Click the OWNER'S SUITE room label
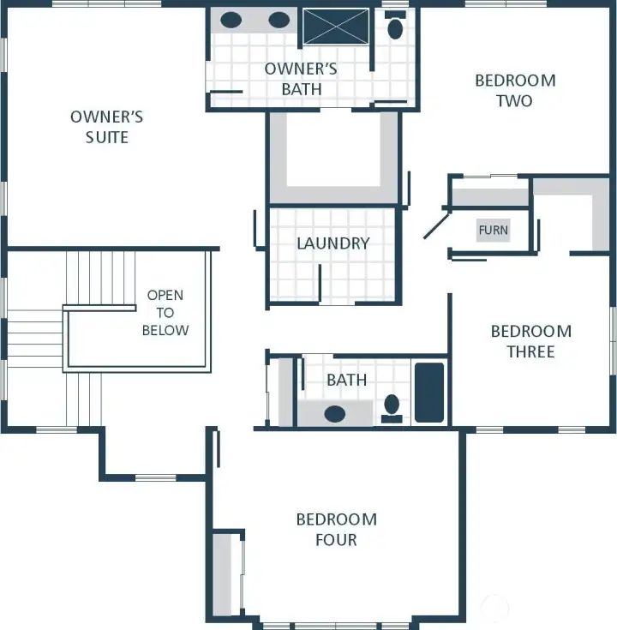pyautogui.click(x=106, y=126)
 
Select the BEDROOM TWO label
pyautogui.click(x=515, y=90)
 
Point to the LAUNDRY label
pyautogui.click(x=332, y=243)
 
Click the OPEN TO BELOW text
pyautogui.click(x=165, y=312)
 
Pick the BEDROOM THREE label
pyautogui.click(x=530, y=341)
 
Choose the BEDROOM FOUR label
pyautogui.click(x=336, y=530)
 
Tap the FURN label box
pyautogui.click(x=493, y=230)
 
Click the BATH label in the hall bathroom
pyautogui.click(x=346, y=380)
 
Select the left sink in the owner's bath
pyautogui.click(x=231, y=21)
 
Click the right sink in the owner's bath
pyautogui.click(x=279, y=21)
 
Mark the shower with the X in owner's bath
pyautogui.click(x=335, y=27)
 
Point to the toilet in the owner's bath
pyautogui.click(x=395, y=28)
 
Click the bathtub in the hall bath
pyautogui.click(x=429, y=393)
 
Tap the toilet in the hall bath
pyautogui.click(x=392, y=406)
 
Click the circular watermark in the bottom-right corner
pyautogui.click(x=494, y=609)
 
